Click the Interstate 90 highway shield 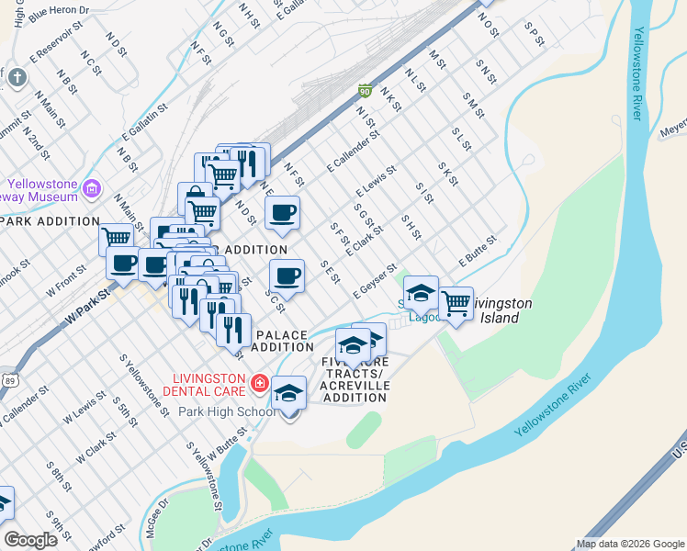coord(365,91)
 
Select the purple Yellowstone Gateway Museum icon coord(91,189)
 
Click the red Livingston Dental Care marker coord(259,380)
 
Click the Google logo coord(30,540)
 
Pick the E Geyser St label coord(374,279)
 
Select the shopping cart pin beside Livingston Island coord(456,303)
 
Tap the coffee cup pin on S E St coord(287,275)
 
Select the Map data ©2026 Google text coord(630,544)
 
